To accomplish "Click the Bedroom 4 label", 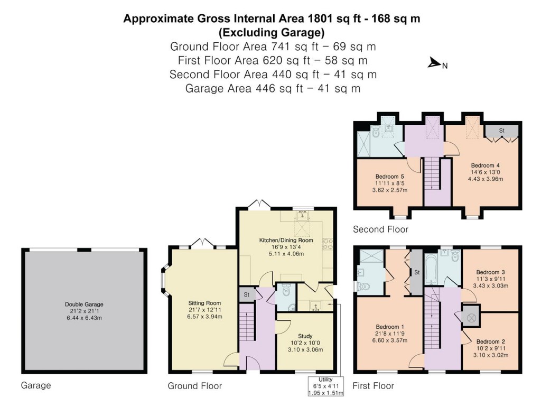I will click(484, 171).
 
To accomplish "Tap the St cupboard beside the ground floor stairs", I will click(247, 295).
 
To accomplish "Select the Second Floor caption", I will click(381, 229).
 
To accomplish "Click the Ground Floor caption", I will click(195, 386).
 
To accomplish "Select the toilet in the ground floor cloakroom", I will click(286, 290).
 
